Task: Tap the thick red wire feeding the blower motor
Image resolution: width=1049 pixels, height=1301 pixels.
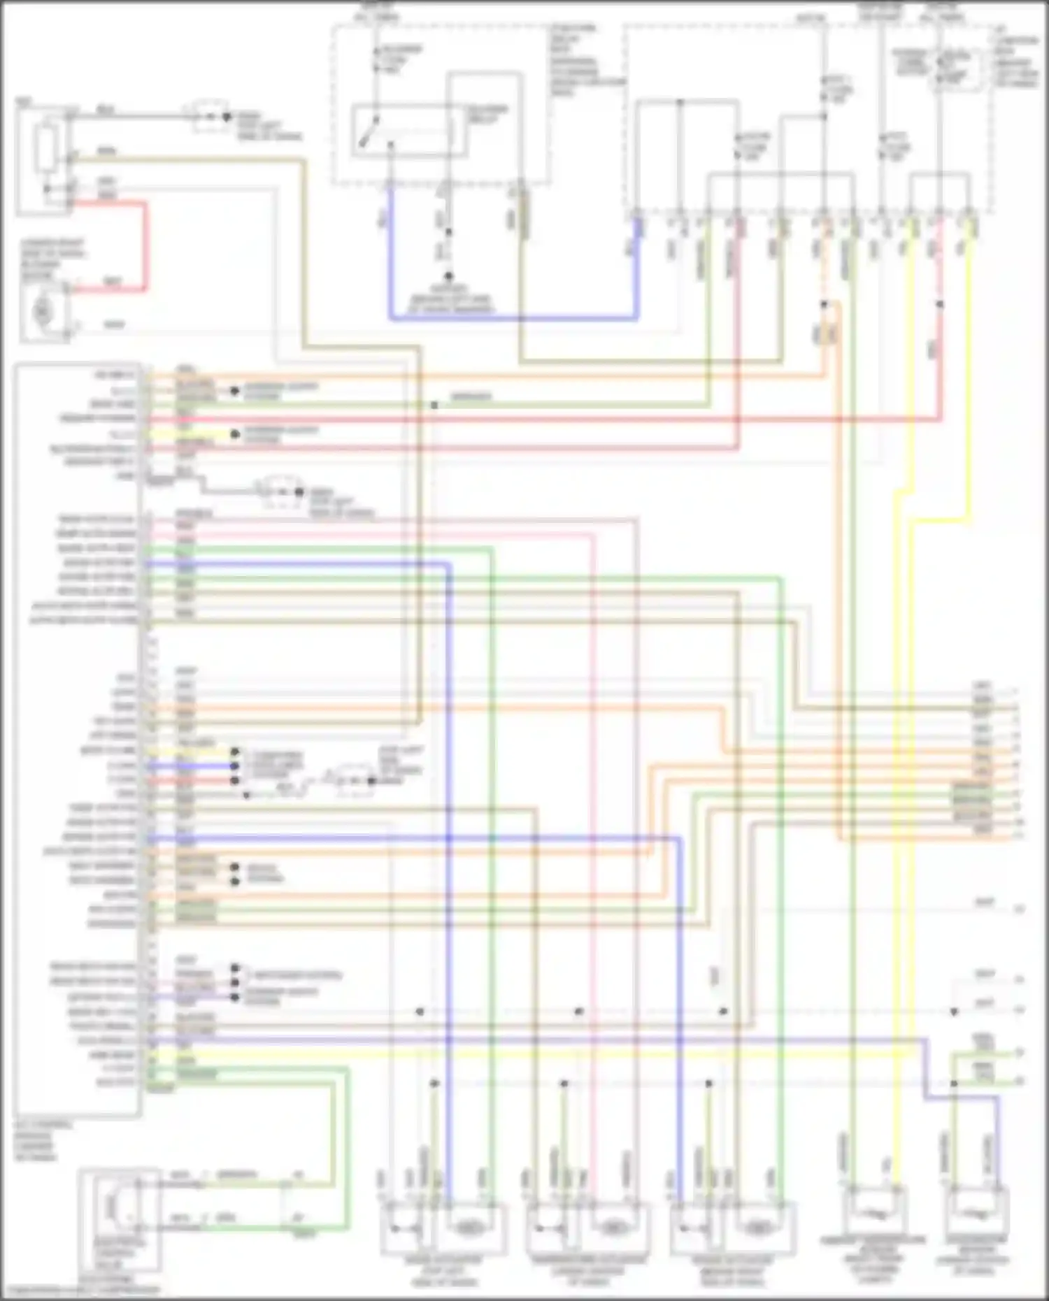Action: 145,245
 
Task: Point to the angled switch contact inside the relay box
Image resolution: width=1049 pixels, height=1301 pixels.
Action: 368,133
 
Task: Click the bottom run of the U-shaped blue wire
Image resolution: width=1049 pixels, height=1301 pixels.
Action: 514,319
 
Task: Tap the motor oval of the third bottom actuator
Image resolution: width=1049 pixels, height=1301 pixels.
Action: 757,1226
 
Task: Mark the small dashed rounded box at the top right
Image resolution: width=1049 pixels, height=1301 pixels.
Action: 956,70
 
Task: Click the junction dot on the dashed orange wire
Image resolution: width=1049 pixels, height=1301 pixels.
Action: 825,304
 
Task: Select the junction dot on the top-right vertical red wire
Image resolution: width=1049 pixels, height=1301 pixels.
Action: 940,304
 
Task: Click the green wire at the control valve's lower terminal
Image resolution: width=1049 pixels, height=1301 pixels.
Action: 238,1228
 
